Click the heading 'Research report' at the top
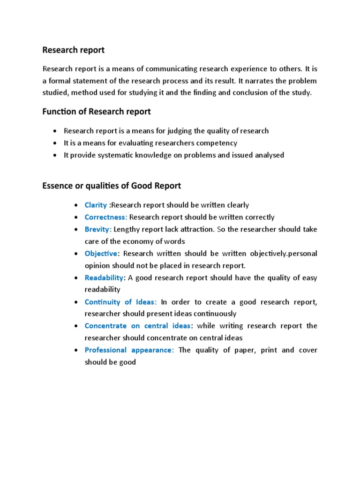74,50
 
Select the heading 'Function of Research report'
97,112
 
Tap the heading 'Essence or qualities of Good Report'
112,186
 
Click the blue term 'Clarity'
96,205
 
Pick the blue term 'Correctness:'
106,217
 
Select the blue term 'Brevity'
97,229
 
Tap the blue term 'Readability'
104,277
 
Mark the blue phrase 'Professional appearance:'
129,350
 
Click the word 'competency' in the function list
219,143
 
